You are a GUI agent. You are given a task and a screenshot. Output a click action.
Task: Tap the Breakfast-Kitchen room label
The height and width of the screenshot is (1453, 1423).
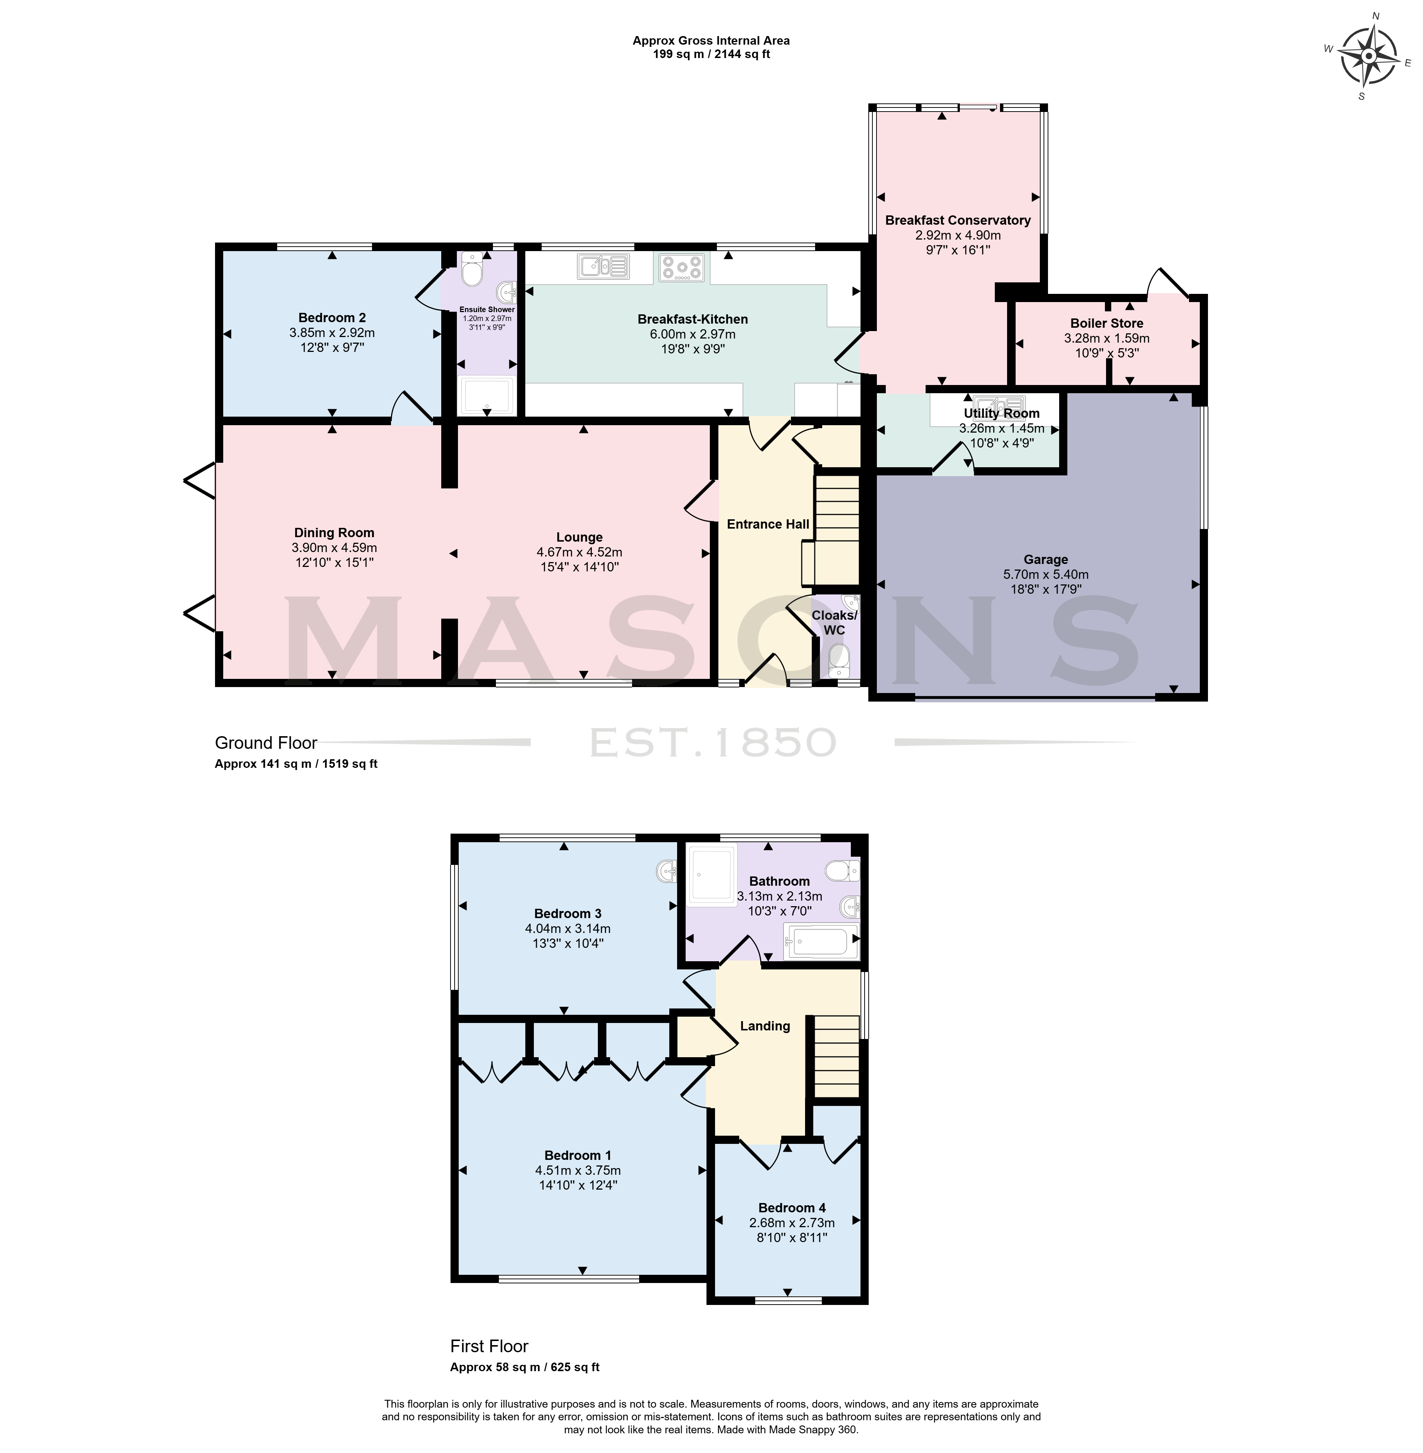point(692,319)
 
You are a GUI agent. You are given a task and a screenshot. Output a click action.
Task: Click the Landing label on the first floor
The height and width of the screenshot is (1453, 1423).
point(765,1026)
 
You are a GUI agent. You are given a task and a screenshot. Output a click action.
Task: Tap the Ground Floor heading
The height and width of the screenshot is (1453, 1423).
point(266,743)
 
